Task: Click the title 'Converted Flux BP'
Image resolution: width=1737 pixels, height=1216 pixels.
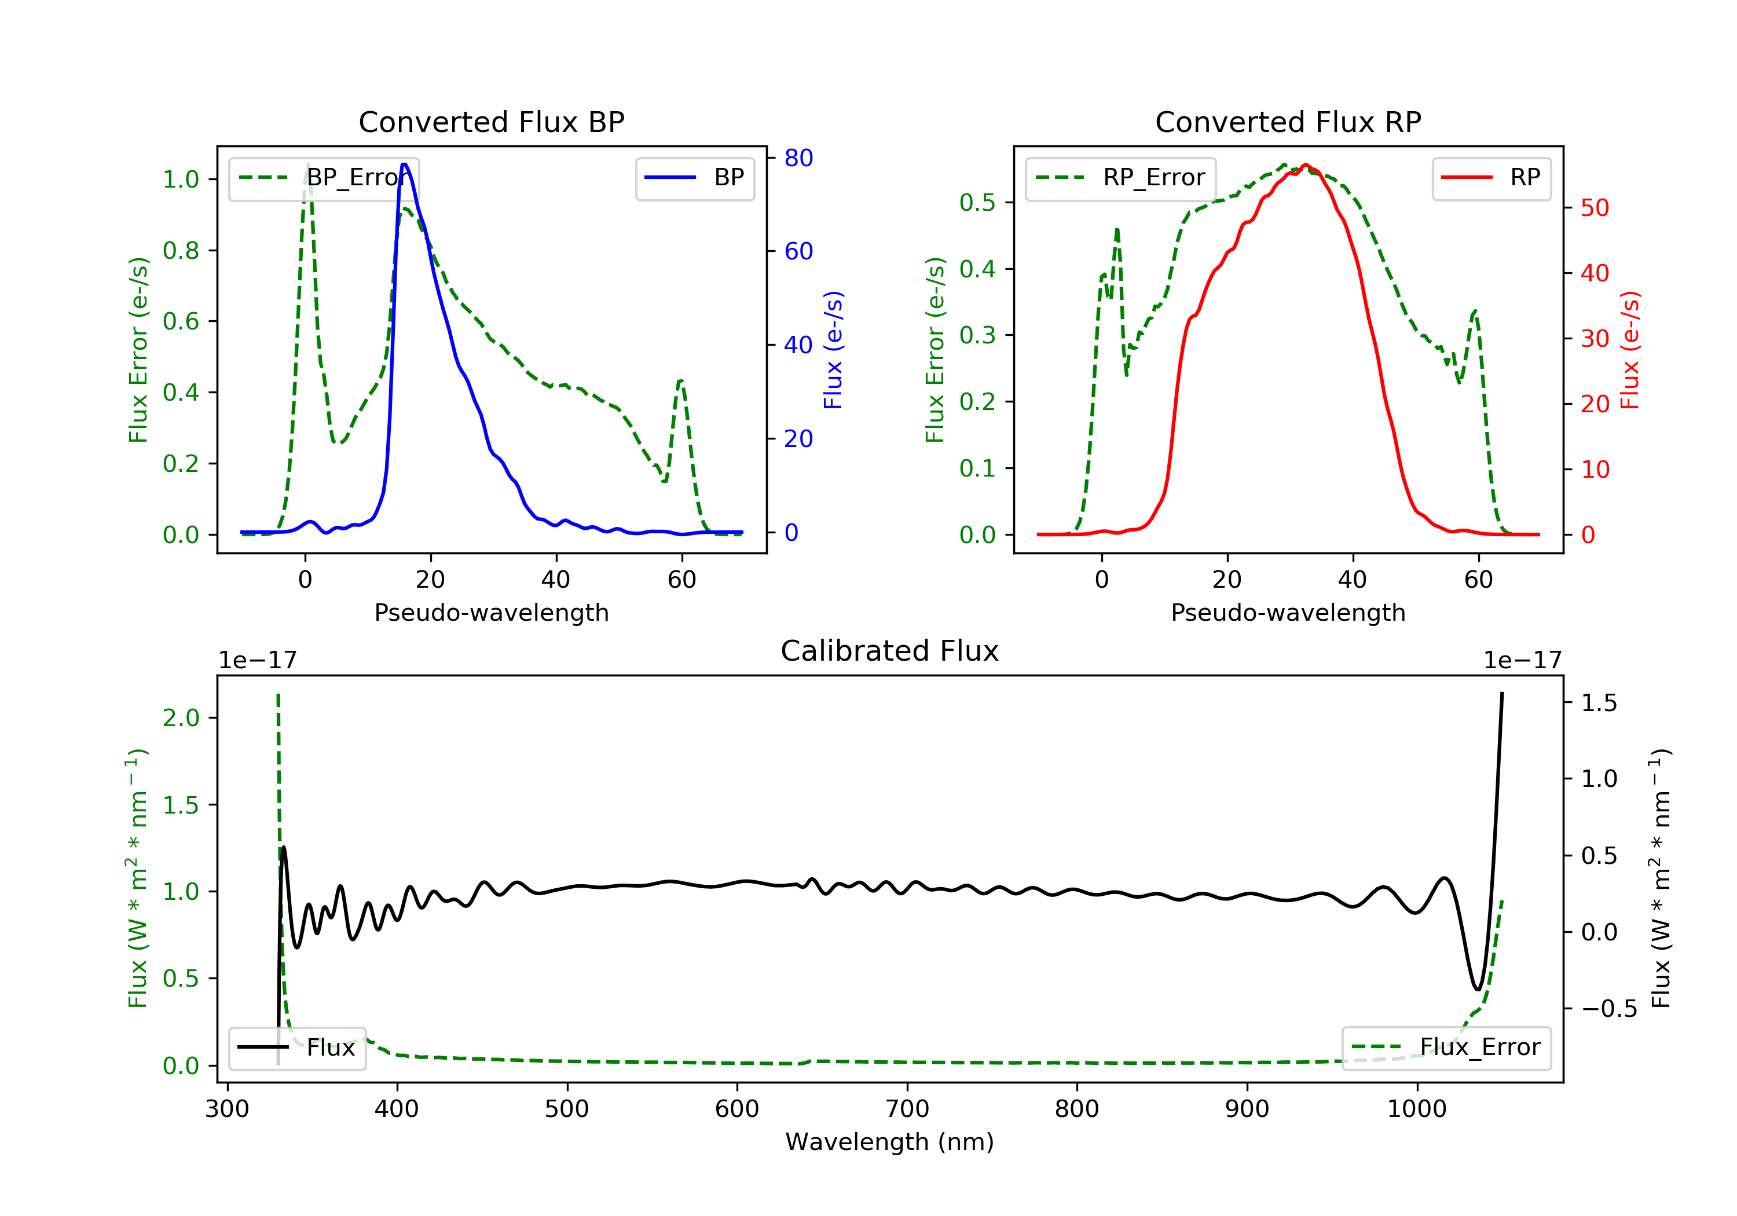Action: pyautogui.click(x=491, y=122)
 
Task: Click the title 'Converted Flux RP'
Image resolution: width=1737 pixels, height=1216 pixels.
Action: pyautogui.click(x=1288, y=122)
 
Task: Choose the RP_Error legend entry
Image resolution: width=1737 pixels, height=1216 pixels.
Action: pyautogui.click(x=1120, y=178)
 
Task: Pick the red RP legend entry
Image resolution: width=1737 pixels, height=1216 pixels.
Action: pyautogui.click(x=1491, y=178)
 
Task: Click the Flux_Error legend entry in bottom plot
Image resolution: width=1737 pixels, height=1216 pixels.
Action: pyautogui.click(x=1446, y=1047)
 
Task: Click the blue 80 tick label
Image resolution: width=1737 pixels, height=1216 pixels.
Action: pyautogui.click(x=798, y=158)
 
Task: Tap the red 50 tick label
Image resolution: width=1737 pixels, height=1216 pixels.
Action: pyautogui.click(x=1595, y=208)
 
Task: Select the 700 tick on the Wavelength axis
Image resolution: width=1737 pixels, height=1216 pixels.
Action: pyautogui.click(x=907, y=1109)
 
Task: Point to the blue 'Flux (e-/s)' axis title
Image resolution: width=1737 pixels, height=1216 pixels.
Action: pyautogui.click(x=833, y=350)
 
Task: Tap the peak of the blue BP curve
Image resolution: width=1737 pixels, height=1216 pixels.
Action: pyautogui.click(x=404, y=164)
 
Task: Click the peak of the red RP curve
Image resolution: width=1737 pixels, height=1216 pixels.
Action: pyautogui.click(x=1305, y=164)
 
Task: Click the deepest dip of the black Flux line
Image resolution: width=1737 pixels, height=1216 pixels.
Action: pyautogui.click(x=1477, y=989)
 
